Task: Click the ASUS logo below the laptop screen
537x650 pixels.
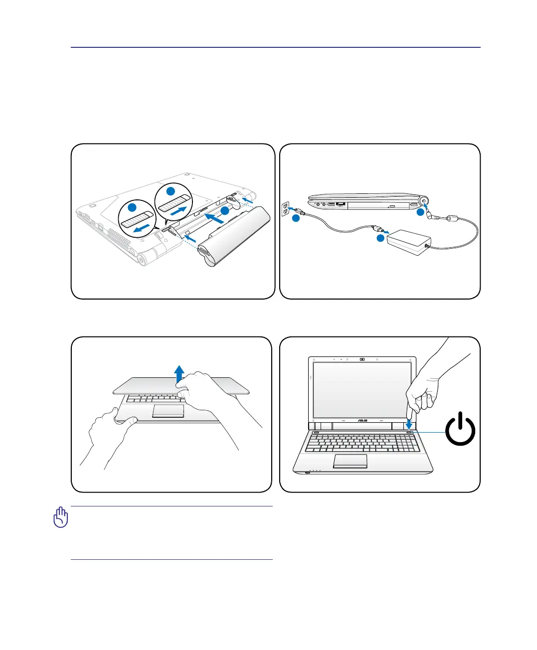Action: tap(362, 421)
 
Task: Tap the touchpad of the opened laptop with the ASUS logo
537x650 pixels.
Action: tap(350, 461)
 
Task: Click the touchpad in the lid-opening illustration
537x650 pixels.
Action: tap(168, 411)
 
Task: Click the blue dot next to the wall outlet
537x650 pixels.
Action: tap(296, 218)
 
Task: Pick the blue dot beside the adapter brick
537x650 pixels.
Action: tap(380, 238)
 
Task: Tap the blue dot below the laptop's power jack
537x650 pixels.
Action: tap(420, 213)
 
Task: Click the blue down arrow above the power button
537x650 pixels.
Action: tap(409, 424)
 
